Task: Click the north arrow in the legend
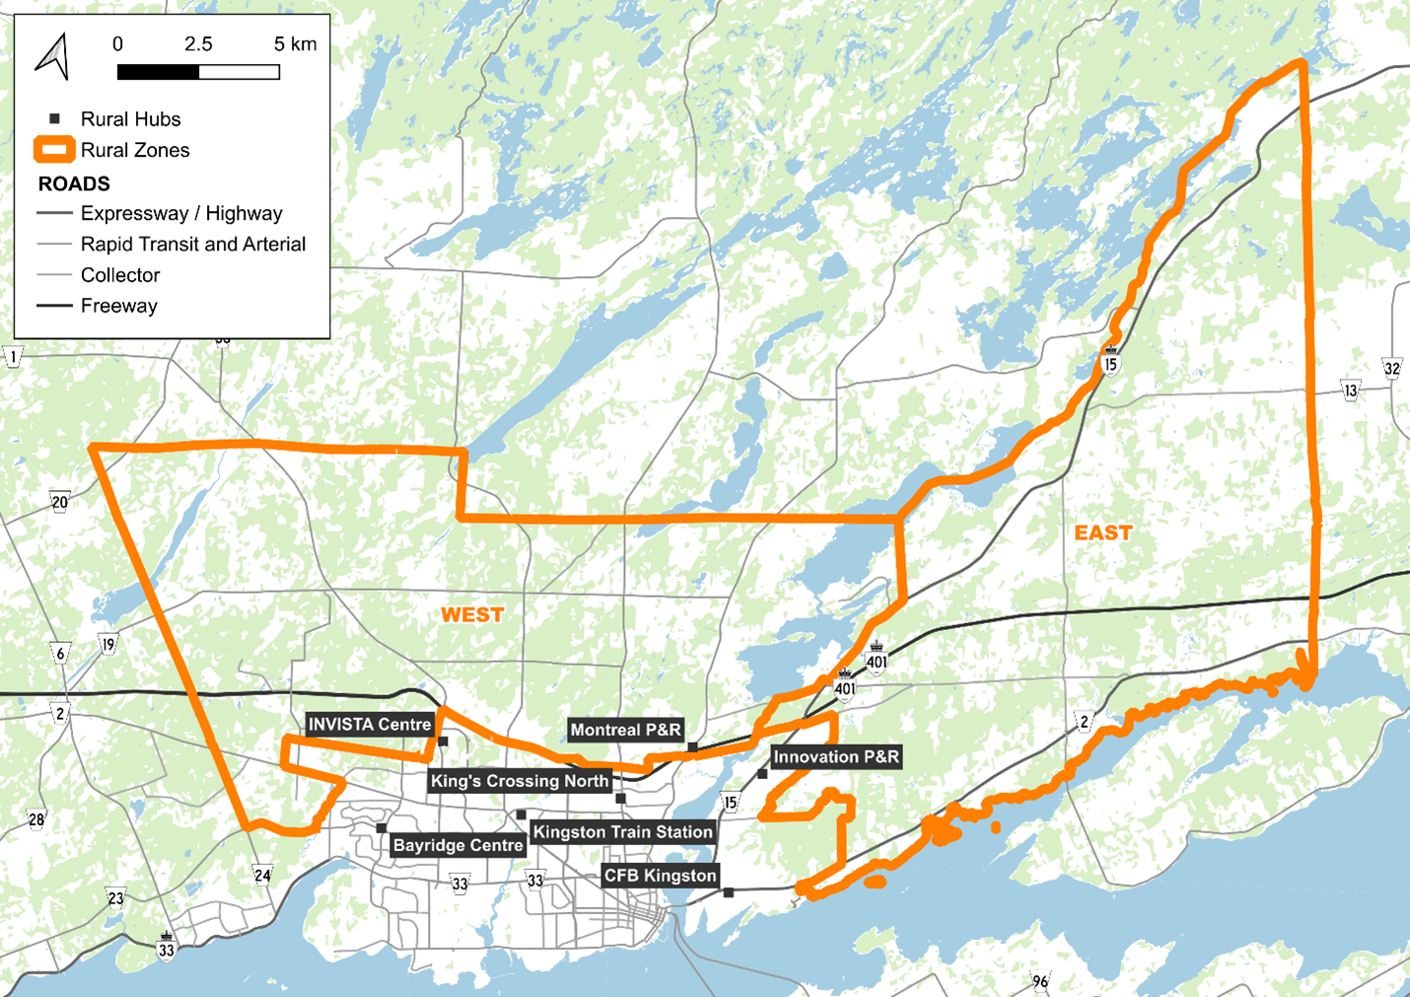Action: (53, 56)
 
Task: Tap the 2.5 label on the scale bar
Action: (198, 44)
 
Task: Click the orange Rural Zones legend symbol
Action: (54, 150)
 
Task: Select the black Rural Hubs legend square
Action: (54, 118)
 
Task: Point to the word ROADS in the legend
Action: (74, 183)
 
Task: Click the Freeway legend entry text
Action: (119, 306)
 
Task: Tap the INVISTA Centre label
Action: (370, 725)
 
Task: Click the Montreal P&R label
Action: (625, 731)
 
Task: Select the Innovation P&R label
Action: (836, 757)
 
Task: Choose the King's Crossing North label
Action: (520, 781)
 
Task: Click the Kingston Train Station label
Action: (622, 832)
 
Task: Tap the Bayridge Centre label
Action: (458, 845)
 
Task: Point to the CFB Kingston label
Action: (660, 876)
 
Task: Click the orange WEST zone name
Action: (472, 615)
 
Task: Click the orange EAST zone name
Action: (1102, 534)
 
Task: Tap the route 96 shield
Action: (1040, 981)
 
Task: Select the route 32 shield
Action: (1391, 369)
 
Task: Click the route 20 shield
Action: (60, 502)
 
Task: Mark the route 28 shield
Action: (36, 819)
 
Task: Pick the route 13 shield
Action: (1350, 391)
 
